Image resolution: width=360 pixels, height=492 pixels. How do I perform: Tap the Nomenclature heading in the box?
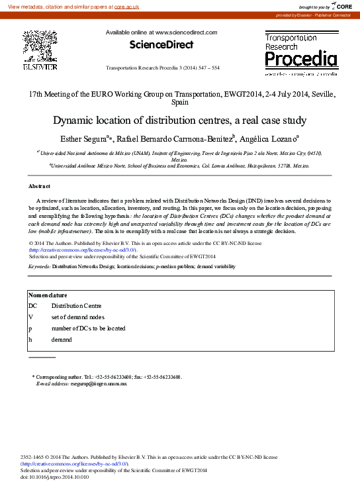coord(48,295)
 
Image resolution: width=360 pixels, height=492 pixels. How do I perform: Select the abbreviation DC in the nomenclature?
coord(32,306)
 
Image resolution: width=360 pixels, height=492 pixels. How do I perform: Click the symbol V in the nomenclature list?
coord(30,317)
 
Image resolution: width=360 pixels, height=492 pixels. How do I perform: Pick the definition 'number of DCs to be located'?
coord(88,328)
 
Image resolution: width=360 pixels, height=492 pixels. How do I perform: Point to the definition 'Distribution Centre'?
coord(76,306)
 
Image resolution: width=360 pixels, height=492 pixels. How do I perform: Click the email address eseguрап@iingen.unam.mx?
coord(90,383)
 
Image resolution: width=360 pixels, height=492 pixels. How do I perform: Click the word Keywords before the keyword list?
coord(39,266)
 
